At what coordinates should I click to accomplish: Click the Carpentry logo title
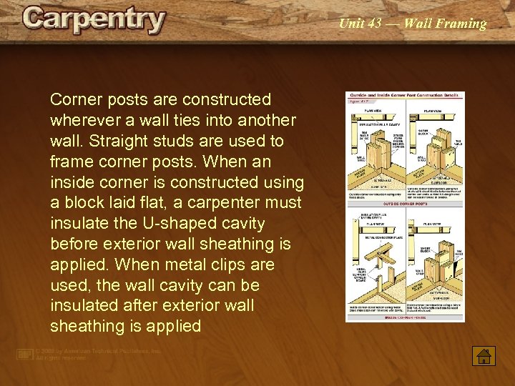[94, 20]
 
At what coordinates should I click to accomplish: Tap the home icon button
[484, 355]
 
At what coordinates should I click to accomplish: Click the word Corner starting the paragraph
[75, 99]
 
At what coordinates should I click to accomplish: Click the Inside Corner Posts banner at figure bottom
[405, 318]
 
